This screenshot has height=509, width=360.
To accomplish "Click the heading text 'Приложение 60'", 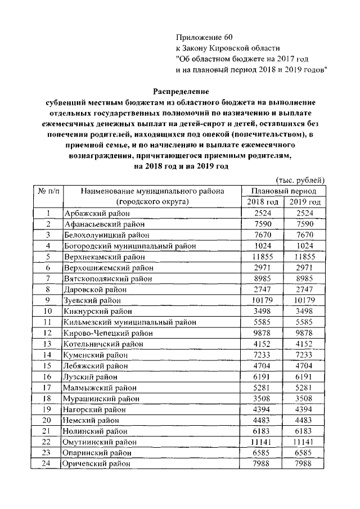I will [x=204, y=37].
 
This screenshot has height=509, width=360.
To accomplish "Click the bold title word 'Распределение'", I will [x=181, y=91].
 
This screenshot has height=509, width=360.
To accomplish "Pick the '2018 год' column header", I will [x=263, y=202].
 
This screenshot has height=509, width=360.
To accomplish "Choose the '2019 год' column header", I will [x=305, y=202].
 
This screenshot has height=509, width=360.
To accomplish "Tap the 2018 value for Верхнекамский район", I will [x=263, y=256].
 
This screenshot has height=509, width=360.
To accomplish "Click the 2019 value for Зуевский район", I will [x=305, y=300].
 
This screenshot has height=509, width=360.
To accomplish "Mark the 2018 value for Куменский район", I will [x=263, y=354].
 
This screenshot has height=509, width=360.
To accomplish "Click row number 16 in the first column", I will [x=48, y=376].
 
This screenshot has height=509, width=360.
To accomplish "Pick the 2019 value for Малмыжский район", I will [x=305, y=387].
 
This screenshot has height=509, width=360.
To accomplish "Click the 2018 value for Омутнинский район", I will [x=263, y=442].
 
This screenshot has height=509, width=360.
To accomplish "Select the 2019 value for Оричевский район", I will [x=305, y=463].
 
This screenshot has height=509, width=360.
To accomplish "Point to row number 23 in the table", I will [x=48, y=453].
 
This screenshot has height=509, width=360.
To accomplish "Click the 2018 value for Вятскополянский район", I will [x=263, y=278].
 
